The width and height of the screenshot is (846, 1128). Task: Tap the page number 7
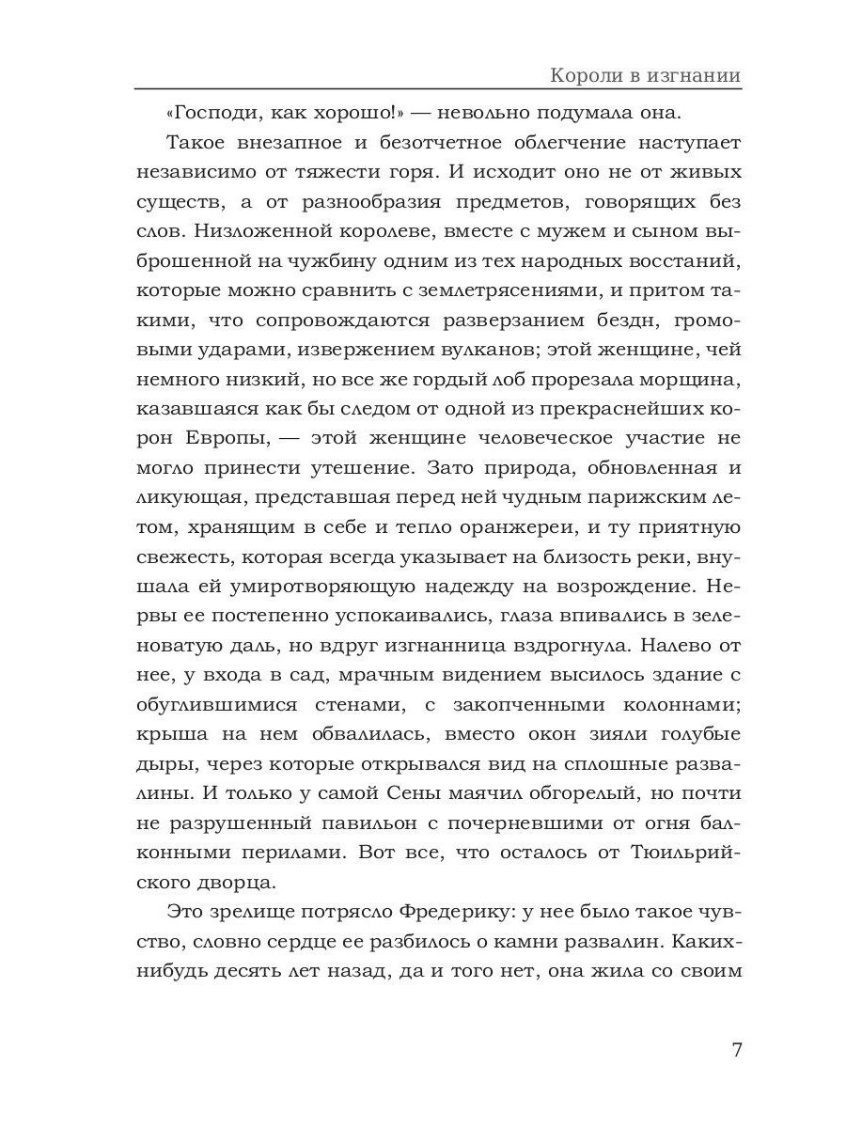pos(736,1050)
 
